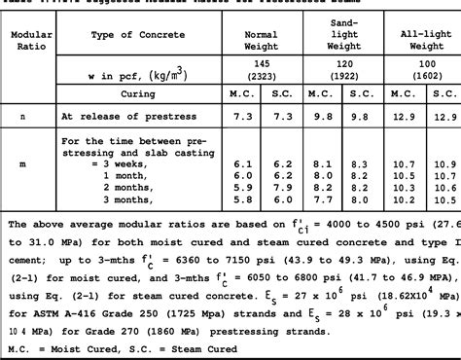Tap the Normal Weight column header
[x=255, y=40]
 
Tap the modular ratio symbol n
[x=22, y=116]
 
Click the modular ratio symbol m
[x=22, y=164]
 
